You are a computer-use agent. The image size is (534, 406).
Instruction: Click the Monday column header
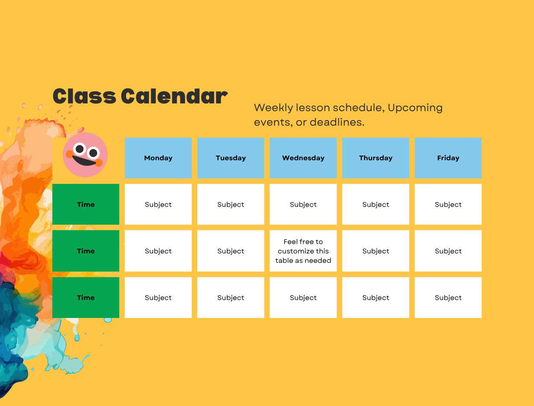pyautogui.click(x=158, y=158)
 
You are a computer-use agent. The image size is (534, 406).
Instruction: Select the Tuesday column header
pyautogui.click(x=231, y=158)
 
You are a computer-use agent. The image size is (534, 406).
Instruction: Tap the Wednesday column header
pyautogui.click(x=303, y=158)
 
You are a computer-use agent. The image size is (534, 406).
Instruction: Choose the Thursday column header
pyautogui.click(x=376, y=158)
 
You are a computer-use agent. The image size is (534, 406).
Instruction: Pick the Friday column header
pyautogui.click(x=448, y=158)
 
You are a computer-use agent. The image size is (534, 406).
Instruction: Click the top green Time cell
pyautogui.click(x=85, y=204)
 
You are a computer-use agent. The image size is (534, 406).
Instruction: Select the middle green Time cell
pyautogui.click(x=85, y=251)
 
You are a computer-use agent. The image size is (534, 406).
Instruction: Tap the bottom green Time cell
pyautogui.click(x=85, y=297)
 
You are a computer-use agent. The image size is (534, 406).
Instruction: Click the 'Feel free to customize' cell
pyautogui.click(x=303, y=251)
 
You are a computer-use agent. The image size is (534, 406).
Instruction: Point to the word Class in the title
pyautogui.click(x=85, y=96)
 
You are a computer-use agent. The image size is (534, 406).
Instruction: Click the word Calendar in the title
pyautogui.click(x=174, y=96)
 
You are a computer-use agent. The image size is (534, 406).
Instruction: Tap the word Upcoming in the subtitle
pyautogui.click(x=415, y=108)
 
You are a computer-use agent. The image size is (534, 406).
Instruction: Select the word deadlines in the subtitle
pyautogui.click(x=337, y=122)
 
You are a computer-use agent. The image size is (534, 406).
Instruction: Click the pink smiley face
pyautogui.click(x=85, y=155)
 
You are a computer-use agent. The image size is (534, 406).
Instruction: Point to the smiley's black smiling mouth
pyautogui.click(x=85, y=161)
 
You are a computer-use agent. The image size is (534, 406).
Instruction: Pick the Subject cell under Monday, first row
pyautogui.click(x=158, y=204)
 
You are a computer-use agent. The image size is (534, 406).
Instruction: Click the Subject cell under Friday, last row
pyautogui.click(x=448, y=297)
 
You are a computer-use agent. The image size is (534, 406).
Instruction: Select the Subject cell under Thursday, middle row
pyautogui.click(x=376, y=251)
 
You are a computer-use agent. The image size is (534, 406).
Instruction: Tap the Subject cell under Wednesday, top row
pyautogui.click(x=303, y=204)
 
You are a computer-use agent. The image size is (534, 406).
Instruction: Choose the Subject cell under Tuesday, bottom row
pyautogui.click(x=231, y=297)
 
